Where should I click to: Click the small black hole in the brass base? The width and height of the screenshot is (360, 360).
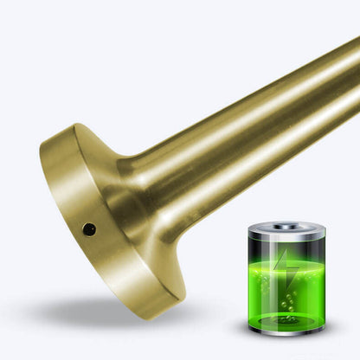[88, 229]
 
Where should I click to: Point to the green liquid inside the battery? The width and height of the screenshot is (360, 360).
[287, 290]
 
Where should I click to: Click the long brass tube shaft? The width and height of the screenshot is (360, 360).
[251, 121]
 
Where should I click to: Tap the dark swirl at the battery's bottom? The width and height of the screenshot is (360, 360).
[287, 318]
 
